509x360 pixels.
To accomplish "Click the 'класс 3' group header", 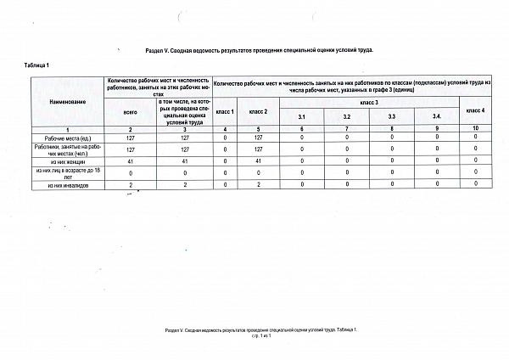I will point(371,102).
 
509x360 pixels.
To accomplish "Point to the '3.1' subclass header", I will point(302,116).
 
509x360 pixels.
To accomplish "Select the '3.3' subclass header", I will point(391,116).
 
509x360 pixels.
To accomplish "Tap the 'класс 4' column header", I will point(475,111).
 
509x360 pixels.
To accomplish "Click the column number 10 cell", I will point(475,127).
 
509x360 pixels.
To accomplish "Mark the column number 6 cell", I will point(302,127).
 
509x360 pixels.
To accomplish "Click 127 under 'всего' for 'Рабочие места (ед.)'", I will point(130,137).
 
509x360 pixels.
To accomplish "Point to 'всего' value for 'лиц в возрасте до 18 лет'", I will point(130,172).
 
